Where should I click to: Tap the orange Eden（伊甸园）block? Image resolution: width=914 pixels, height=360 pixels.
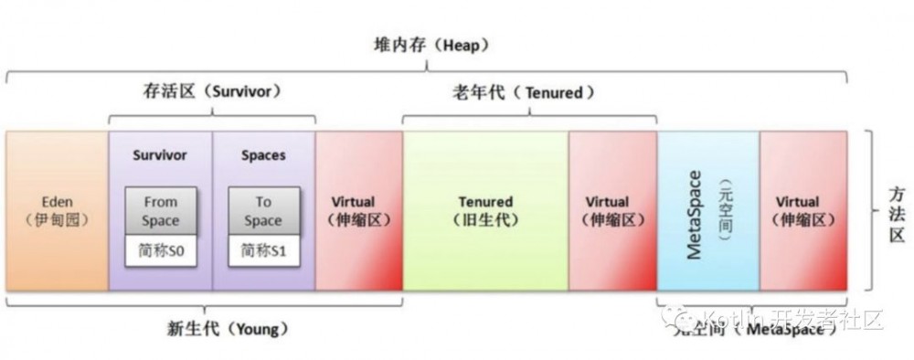(57, 211)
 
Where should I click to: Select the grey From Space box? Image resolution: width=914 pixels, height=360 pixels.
(160, 211)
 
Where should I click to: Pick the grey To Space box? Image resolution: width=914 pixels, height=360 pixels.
(263, 211)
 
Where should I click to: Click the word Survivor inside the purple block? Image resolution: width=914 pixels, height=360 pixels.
(159, 155)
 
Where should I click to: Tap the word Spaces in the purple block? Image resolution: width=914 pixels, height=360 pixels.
(263, 155)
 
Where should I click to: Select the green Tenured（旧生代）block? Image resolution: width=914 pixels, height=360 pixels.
(485, 211)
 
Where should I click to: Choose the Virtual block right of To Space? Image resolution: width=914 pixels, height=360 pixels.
(358, 211)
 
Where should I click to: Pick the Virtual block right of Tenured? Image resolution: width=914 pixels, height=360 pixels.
(611, 211)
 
